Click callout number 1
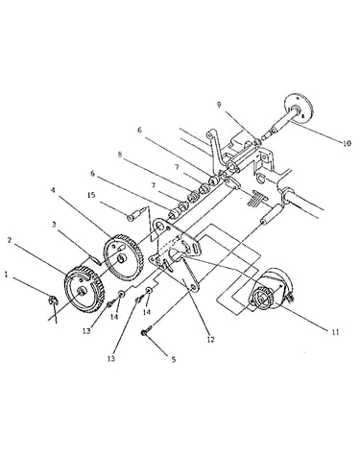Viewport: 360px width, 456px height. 6,274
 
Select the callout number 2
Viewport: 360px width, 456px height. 10,240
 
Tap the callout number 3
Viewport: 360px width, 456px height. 54,225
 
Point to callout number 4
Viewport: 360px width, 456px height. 53,190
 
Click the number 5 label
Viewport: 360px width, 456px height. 174,359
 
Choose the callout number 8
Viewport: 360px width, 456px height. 120,155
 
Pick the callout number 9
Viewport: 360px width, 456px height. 219,105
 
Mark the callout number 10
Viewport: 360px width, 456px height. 347,143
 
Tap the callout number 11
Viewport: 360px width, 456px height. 335,332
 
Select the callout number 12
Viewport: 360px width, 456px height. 210,340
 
